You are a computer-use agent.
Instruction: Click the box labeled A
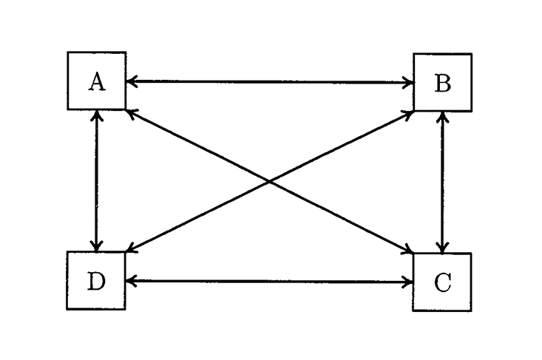click(x=96, y=81)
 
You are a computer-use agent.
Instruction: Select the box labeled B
click(x=442, y=82)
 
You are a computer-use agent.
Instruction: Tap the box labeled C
click(x=442, y=282)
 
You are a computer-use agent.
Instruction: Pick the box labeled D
click(x=96, y=281)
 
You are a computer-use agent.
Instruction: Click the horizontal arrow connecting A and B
click(x=269, y=82)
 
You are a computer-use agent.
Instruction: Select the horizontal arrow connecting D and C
click(x=269, y=282)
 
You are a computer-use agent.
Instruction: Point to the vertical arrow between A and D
click(x=96, y=181)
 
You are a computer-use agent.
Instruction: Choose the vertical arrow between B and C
click(x=442, y=182)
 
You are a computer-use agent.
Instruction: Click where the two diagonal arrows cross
click(x=269, y=182)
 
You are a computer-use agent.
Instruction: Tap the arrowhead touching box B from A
click(x=408, y=82)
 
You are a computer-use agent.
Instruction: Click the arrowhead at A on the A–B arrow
click(x=131, y=82)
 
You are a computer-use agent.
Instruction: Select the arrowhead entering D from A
click(x=96, y=246)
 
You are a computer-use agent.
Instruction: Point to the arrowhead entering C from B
click(x=442, y=248)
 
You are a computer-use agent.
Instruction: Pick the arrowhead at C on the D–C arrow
click(x=408, y=282)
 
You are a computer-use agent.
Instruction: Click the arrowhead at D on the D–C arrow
click(x=131, y=282)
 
